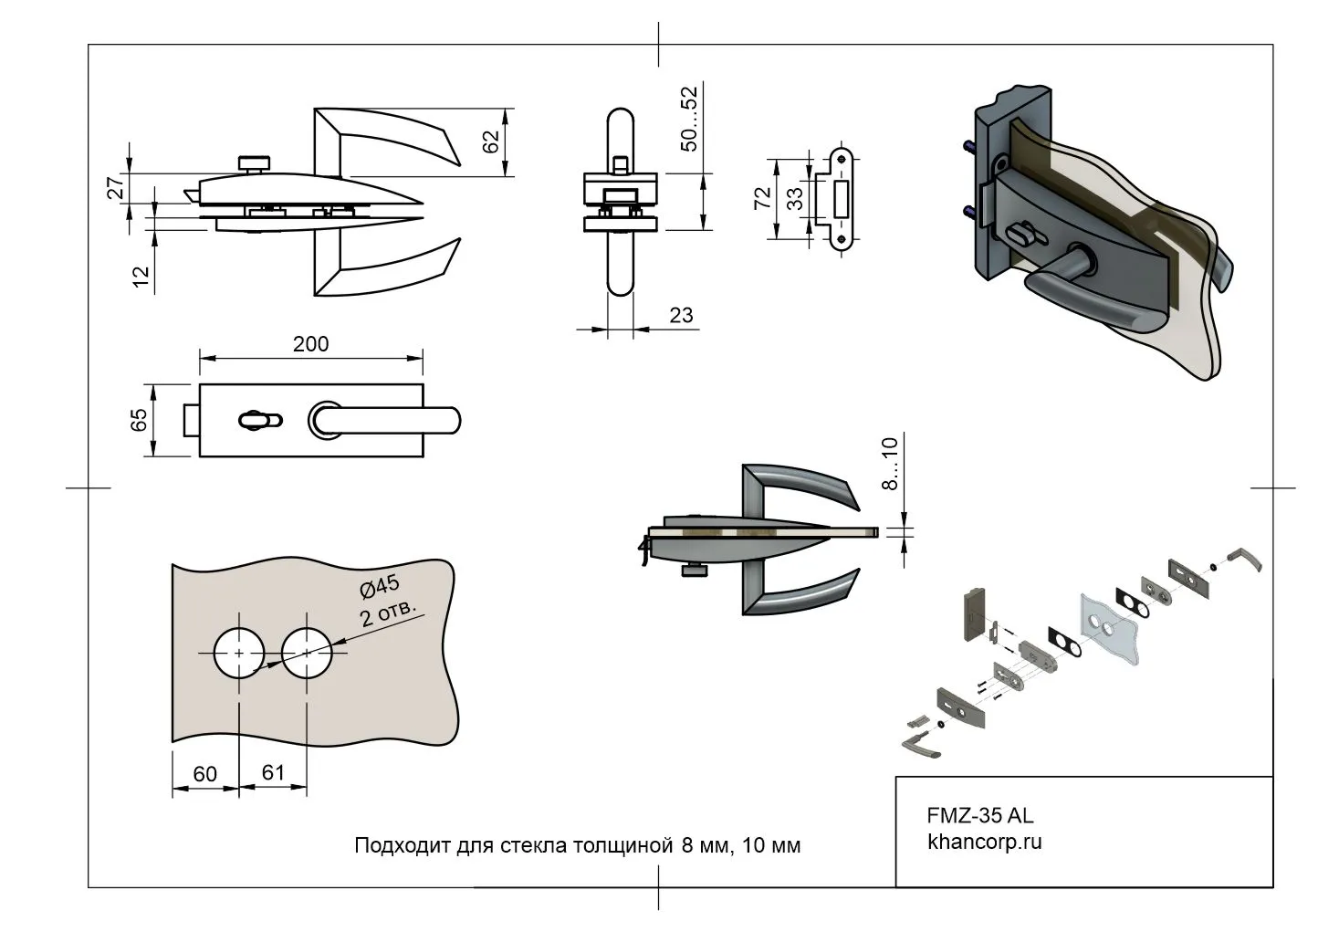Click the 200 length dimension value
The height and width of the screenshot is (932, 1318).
[x=310, y=344]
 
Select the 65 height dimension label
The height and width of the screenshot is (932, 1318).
[x=139, y=420]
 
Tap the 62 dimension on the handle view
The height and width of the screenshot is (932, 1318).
[x=491, y=141]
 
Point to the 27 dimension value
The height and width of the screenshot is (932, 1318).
[x=116, y=188]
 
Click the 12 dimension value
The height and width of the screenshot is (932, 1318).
[x=141, y=278]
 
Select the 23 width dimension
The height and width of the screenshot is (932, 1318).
[x=681, y=315]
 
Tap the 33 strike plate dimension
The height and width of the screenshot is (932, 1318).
[x=796, y=198]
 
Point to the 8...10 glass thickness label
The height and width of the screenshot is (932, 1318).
[x=890, y=463]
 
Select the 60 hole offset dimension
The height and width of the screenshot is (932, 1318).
[x=205, y=774]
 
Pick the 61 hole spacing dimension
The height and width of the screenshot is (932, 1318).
[x=273, y=772]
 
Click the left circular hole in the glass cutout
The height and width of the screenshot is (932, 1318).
[x=239, y=654]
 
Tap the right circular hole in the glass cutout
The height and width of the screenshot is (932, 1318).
[x=308, y=654]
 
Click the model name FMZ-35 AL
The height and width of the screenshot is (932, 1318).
[x=980, y=815]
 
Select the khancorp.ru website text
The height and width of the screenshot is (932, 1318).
[x=984, y=841]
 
